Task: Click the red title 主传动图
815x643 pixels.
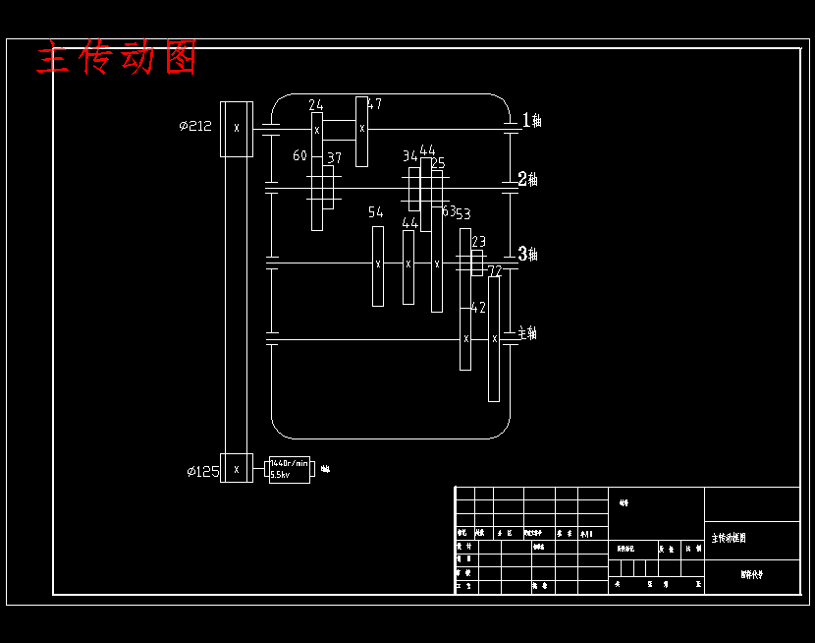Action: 117,58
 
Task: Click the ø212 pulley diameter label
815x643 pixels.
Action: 195,126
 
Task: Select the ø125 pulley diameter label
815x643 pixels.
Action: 202,472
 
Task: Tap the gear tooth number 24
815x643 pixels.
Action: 315,105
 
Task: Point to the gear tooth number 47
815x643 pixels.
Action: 374,103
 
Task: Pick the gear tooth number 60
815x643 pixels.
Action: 299,155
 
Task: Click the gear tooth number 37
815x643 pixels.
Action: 335,157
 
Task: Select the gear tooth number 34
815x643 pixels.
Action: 409,155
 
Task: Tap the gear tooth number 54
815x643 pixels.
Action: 375,212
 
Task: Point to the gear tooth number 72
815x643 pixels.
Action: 495,270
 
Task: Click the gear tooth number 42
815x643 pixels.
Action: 478,308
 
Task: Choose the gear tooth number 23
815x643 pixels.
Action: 479,241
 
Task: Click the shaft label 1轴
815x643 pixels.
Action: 531,120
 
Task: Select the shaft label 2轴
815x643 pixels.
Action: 528,180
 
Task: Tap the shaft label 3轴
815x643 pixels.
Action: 528,255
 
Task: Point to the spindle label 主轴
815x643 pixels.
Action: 527,333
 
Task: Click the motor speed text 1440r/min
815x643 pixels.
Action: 289,463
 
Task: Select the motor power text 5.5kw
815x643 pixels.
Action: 280,475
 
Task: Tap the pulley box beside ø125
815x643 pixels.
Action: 236,469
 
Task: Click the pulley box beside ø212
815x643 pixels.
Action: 236,128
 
